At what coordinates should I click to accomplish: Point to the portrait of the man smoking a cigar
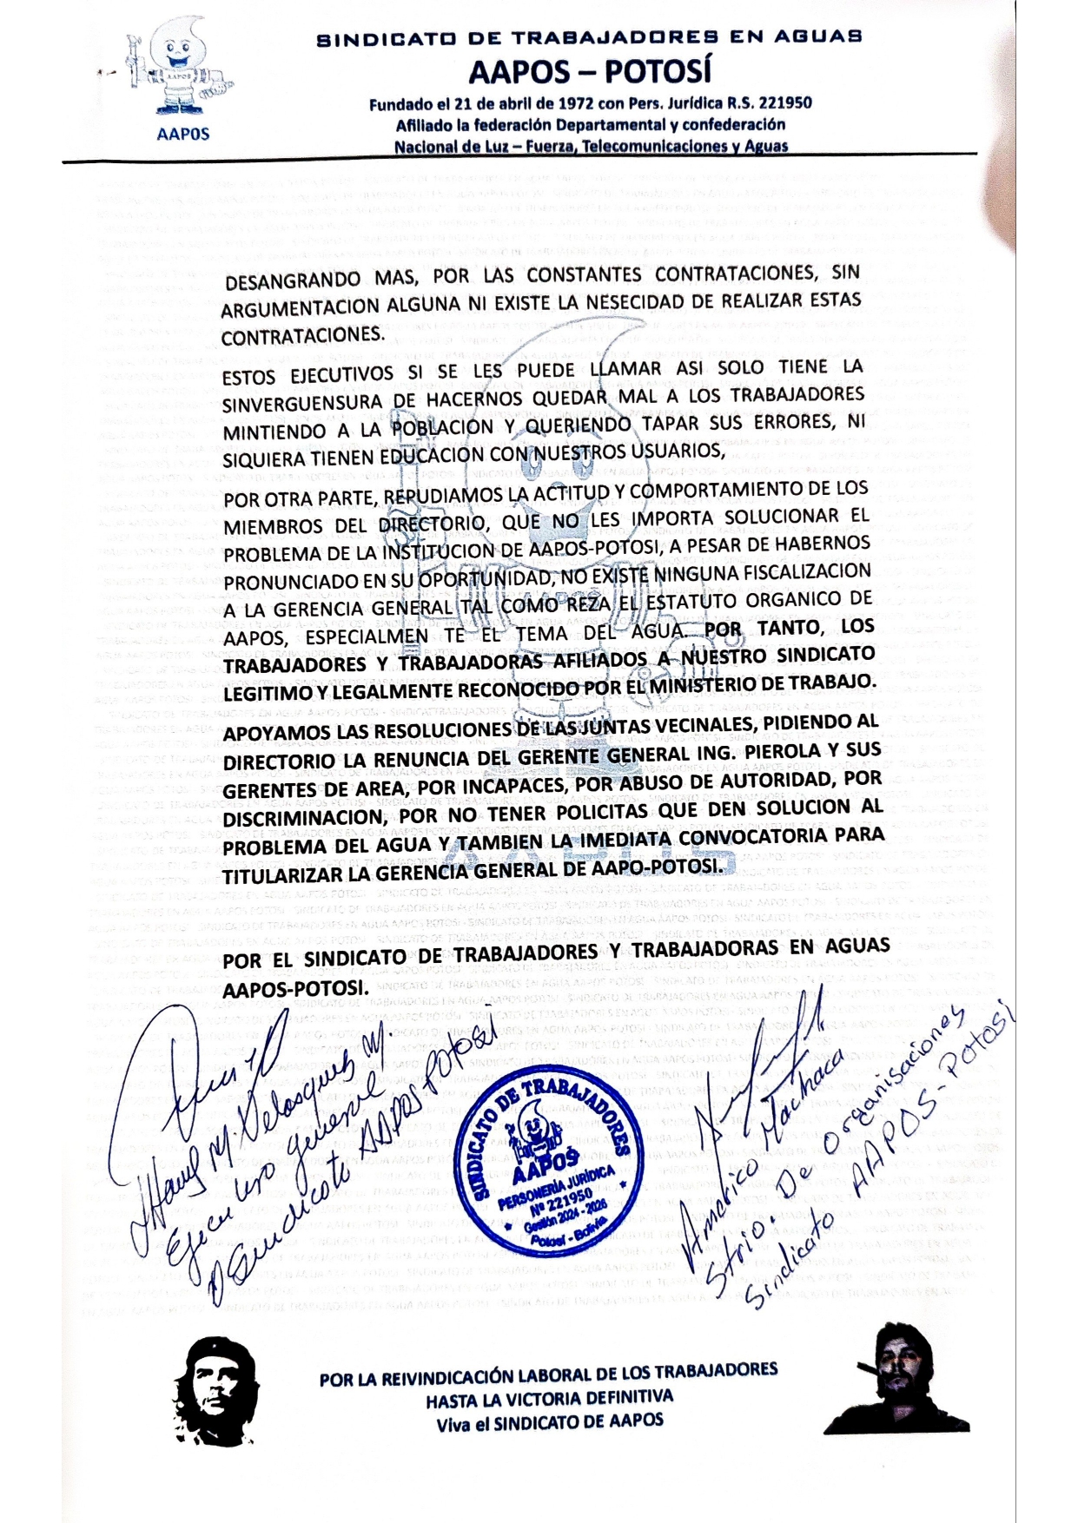(898, 1379)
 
